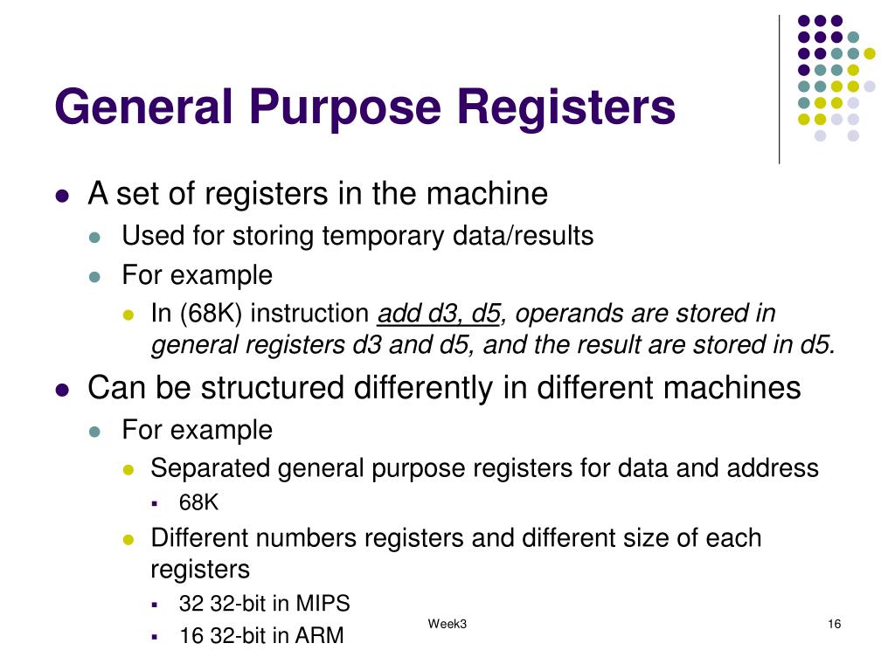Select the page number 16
(x=833, y=624)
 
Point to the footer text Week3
(x=447, y=624)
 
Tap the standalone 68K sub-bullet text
(x=198, y=503)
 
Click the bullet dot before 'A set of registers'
(x=62, y=196)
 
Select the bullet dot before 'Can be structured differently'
(x=62, y=390)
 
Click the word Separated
(x=211, y=468)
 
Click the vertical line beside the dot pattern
(x=779, y=87)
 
